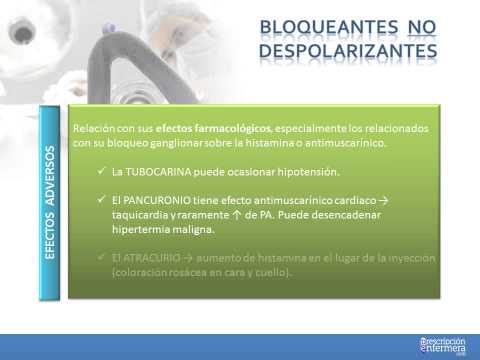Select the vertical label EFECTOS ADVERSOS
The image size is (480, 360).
click(51, 203)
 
